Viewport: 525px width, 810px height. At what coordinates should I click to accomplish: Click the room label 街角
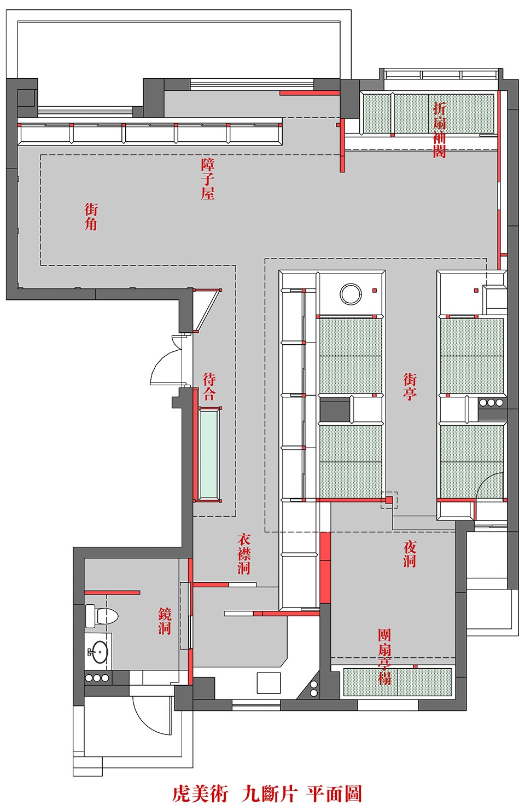tap(91, 216)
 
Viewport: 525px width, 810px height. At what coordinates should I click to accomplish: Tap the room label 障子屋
tap(208, 179)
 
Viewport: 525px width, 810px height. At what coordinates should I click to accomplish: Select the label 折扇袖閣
tap(439, 130)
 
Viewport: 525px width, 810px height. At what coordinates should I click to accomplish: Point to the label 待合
tap(209, 386)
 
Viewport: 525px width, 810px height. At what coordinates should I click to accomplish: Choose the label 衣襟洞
tap(244, 554)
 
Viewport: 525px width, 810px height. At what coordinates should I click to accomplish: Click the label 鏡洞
tap(165, 621)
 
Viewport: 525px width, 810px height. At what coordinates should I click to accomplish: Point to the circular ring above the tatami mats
tap(351, 293)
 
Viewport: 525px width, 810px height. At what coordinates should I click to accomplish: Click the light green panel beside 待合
tap(209, 455)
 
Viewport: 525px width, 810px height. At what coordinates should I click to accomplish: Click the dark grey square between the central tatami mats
tap(335, 409)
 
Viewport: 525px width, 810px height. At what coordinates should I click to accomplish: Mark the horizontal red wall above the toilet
tap(112, 592)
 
